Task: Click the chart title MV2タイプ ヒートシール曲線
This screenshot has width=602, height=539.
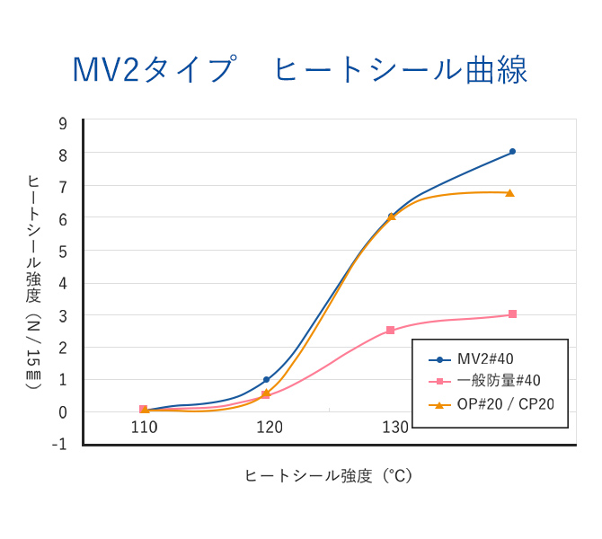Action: [x=300, y=70]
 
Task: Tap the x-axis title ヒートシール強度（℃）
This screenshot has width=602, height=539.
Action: [x=328, y=476]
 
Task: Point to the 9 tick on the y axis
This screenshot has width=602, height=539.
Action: [x=63, y=123]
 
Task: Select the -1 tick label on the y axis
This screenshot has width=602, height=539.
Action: [x=60, y=444]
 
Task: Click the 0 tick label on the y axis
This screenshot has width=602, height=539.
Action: [x=63, y=411]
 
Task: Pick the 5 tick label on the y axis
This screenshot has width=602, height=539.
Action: [x=63, y=252]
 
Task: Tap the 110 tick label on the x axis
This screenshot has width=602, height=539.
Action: [x=144, y=428]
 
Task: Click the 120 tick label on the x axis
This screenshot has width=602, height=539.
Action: [x=270, y=428]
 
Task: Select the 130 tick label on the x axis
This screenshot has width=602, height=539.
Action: [x=394, y=428]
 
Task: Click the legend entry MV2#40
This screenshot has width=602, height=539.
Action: [x=485, y=359]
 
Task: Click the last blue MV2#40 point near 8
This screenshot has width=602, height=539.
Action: [x=512, y=152]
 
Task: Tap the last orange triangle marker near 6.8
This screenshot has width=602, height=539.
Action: [x=509, y=193]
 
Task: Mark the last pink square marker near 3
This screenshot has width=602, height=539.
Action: [x=512, y=314]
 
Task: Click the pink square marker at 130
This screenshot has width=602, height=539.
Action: [x=390, y=331]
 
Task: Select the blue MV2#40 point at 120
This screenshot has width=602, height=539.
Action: [x=266, y=380]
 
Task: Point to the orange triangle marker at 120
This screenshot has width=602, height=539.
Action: [x=266, y=393]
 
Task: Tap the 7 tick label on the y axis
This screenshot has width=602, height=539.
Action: [x=63, y=187]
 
